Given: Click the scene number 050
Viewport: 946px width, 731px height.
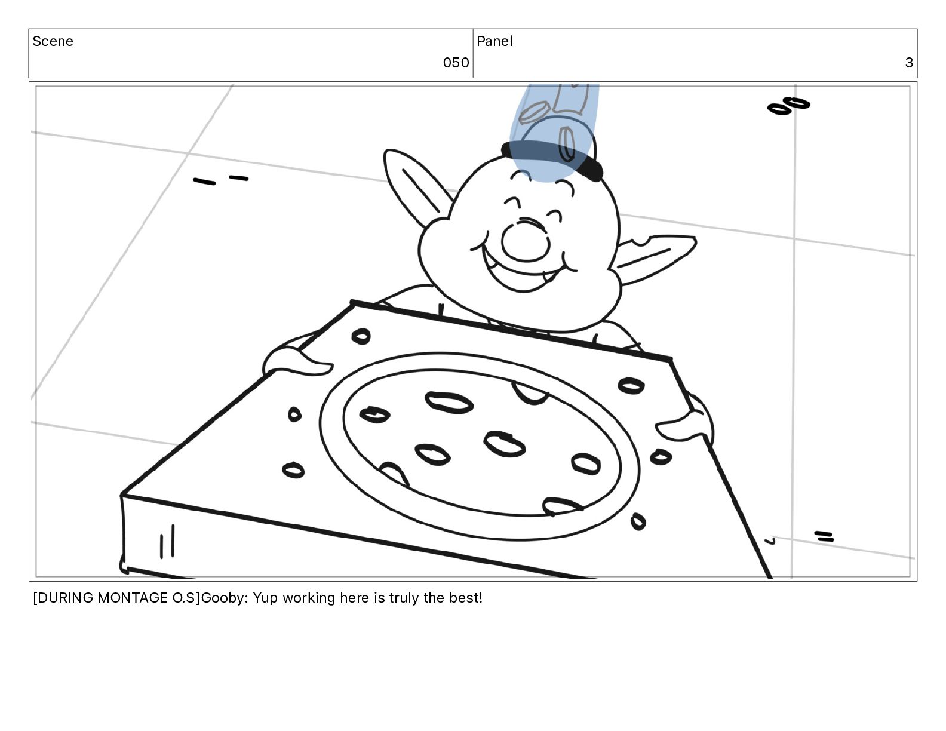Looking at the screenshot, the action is tap(456, 63).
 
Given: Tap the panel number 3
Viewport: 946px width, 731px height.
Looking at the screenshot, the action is tap(909, 63).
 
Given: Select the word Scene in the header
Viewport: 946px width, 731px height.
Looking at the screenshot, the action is tap(53, 41).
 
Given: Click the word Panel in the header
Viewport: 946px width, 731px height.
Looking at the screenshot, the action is tap(494, 41).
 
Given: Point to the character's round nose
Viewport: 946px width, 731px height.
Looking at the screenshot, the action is tap(526, 241).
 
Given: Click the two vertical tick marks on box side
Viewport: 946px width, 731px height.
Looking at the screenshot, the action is tap(167, 542).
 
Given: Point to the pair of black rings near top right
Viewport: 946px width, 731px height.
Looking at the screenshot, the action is tap(788, 106).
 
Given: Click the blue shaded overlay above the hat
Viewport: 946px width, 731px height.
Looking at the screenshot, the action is tap(553, 131).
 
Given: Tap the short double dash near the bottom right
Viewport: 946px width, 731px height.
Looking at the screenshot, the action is tap(824, 536).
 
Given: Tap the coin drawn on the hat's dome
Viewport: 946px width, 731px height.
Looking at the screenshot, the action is tap(567, 144).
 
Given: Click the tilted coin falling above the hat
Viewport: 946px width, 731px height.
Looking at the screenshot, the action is tap(534, 112).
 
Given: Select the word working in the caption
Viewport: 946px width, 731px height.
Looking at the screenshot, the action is tap(309, 598).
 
